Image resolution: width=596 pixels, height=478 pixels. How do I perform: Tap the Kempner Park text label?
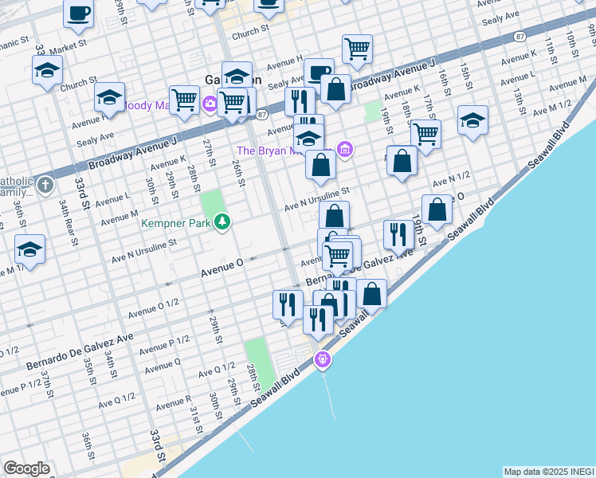[x=176, y=224]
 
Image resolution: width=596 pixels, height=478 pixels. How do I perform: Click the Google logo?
[x=26, y=468]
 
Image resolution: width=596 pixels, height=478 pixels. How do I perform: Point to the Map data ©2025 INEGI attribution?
[x=548, y=472]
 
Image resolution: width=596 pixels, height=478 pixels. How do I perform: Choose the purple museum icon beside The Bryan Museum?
[x=344, y=149]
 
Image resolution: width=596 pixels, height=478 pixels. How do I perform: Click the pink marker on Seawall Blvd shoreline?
[x=322, y=360]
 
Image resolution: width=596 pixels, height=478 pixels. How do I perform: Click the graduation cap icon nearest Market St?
[x=47, y=71]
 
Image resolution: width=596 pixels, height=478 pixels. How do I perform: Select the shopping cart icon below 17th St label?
[x=425, y=134]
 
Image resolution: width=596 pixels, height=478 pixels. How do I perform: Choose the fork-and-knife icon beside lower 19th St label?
[x=398, y=234]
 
